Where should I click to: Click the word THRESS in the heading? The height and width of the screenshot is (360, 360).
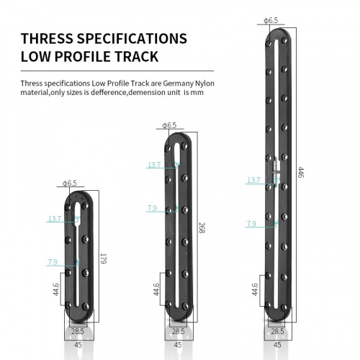click(x=47, y=38)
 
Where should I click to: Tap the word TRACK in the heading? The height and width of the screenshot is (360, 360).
click(x=136, y=56)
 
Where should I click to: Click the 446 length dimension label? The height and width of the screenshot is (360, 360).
click(x=301, y=172)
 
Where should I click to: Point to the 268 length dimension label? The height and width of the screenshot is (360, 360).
click(x=202, y=228)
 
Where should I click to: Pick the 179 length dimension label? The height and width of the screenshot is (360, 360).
click(x=103, y=258)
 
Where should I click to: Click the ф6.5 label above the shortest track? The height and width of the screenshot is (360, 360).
click(x=70, y=183)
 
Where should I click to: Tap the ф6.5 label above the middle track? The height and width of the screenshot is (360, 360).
click(x=169, y=125)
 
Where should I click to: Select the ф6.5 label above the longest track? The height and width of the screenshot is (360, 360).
click(x=271, y=20)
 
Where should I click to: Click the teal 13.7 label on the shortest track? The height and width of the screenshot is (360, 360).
click(x=55, y=219)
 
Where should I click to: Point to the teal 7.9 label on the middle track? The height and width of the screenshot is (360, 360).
click(x=152, y=208)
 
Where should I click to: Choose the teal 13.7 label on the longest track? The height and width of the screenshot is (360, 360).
click(x=253, y=180)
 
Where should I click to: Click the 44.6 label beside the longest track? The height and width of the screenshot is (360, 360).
click(x=255, y=289)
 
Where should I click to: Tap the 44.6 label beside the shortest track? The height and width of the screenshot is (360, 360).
click(x=55, y=289)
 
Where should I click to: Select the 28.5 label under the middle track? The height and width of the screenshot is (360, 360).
click(x=178, y=331)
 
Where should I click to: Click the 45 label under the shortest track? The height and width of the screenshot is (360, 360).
click(x=78, y=345)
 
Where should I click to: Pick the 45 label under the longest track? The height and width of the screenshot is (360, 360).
click(x=277, y=345)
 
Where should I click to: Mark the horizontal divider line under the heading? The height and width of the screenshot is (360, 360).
click(x=117, y=71)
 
